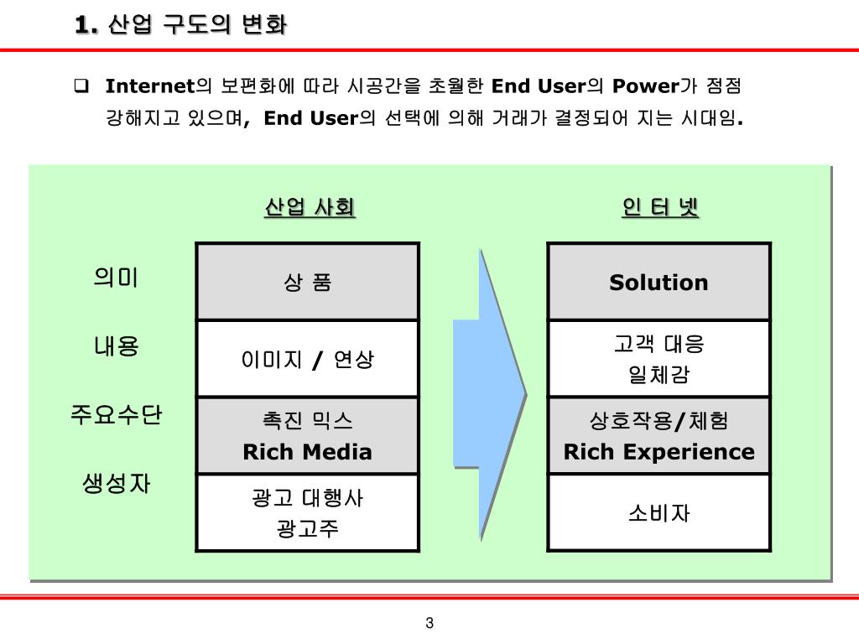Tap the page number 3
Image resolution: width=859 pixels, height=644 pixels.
(x=429, y=622)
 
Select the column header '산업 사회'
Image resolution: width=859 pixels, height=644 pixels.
(x=310, y=207)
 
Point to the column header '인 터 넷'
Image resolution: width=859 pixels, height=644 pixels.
(x=660, y=207)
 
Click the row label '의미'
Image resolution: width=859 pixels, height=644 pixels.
(x=116, y=277)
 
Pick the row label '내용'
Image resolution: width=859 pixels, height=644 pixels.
(x=116, y=345)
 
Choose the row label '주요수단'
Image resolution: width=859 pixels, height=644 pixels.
(x=116, y=414)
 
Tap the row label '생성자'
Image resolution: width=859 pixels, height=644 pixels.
(x=116, y=483)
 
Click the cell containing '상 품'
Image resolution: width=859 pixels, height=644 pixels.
(x=308, y=283)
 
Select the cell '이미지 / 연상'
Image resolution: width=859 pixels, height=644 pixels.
(x=308, y=360)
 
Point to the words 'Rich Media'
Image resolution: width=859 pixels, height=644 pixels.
(x=308, y=452)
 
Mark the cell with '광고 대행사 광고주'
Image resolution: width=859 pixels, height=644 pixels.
(x=308, y=513)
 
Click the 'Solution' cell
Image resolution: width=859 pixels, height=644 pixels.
(x=659, y=283)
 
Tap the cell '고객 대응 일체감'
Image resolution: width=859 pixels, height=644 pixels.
(x=659, y=359)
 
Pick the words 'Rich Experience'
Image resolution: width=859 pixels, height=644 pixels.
(x=659, y=452)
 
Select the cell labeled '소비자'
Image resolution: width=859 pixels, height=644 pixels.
(x=659, y=512)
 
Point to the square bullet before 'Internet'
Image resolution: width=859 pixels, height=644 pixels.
(x=81, y=86)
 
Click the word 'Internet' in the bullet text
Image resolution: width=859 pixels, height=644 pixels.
(x=149, y=86)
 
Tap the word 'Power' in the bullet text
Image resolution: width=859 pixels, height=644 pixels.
(x=644, y=86)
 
